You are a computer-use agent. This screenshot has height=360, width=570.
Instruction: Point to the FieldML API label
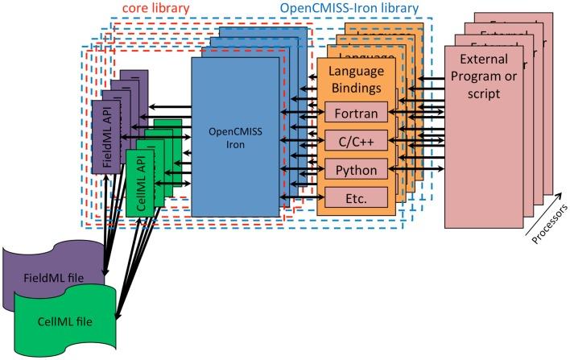(x=106, y=135)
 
